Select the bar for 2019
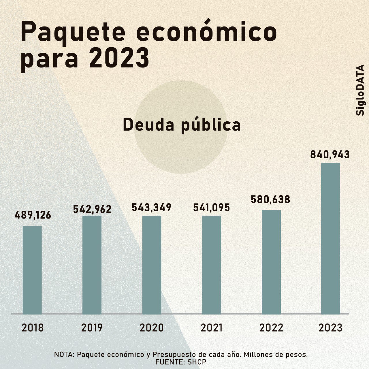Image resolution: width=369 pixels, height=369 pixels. click(x=92, y=265)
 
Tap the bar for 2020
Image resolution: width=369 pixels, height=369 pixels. click(x=152, y=265)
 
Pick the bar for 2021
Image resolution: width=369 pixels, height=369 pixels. click(x=211, y=265)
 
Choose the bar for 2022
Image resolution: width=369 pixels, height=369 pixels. click(x=271, y=262)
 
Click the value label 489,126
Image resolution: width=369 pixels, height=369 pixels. click(x=33, y=215)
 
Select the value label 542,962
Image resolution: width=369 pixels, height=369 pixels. click(x=92, y=209)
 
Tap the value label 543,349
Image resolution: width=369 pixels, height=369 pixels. click(x=152, y=208)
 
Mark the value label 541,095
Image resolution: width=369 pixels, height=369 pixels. click(x=212, y=208)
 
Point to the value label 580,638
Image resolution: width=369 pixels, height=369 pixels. click(x=270, y=199)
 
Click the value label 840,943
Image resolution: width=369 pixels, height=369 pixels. click(x=330, y=155)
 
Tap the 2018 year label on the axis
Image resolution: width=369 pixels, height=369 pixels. click(x=33, y=328)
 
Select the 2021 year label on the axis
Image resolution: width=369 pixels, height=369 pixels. click(x=212, y=328)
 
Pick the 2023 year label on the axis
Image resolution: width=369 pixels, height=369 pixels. click(x=330, y=328)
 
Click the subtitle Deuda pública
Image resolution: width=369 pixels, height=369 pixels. click(x=182, y=125)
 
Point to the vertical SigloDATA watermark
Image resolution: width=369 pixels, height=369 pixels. click(x=360, y=90)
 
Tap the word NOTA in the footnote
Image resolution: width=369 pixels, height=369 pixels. click(x=64, y=355)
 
